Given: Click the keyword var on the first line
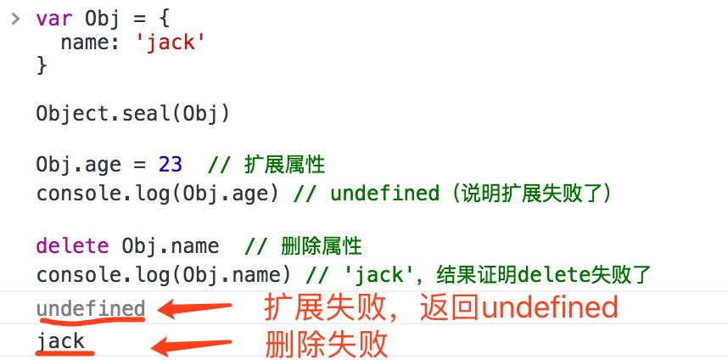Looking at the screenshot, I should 53,19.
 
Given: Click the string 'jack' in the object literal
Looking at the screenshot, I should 171,42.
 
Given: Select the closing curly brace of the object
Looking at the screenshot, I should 42,65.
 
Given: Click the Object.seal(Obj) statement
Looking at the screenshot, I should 133,113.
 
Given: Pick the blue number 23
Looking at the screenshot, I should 170,164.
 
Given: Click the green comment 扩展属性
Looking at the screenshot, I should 284,164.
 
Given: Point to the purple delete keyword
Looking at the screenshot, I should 72,246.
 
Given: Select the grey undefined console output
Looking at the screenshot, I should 91,308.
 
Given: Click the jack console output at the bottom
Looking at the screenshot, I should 60,341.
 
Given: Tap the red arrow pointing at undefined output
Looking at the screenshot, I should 196,308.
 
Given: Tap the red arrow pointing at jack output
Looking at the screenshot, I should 190,343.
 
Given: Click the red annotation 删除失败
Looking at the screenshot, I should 327,344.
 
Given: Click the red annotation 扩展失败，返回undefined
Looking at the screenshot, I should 441,307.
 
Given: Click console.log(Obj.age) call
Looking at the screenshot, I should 158,193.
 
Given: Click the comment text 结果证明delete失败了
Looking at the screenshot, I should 543,274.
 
